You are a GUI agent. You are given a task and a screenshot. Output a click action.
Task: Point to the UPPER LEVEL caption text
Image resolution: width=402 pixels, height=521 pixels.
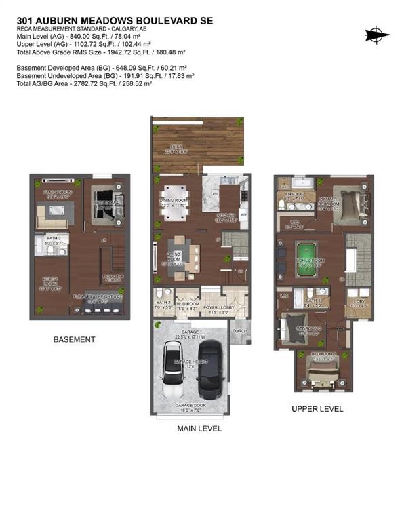click(317, 409)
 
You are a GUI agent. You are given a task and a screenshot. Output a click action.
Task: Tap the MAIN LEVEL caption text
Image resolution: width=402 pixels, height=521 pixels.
click(199, 429)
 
